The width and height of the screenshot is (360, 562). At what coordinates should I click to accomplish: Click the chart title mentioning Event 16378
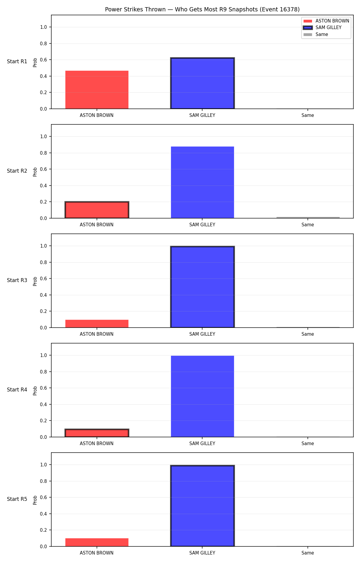[x=202, y=10]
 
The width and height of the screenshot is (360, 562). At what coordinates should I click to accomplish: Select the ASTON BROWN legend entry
[x=326, y=21]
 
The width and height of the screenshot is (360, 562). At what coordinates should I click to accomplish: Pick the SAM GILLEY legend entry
[x=322, y=28]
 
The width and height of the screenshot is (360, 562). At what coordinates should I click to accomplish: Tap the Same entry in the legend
[x=316, y=34]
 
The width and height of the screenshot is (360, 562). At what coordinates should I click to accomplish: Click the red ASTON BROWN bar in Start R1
[x=97, y=90]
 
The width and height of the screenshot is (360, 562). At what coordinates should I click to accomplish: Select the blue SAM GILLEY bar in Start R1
[x=202, y=83]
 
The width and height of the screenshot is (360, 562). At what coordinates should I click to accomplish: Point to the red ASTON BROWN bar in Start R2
[x=97, y=210]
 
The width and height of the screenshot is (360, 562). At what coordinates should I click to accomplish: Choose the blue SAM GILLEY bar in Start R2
[x=202, y=182]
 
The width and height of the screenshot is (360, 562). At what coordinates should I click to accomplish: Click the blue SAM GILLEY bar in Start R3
[x=202, y=287]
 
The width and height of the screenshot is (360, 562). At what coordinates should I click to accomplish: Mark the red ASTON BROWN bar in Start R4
[x=97, y=433]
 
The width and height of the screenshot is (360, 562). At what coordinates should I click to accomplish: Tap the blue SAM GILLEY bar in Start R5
[x=202, y=506]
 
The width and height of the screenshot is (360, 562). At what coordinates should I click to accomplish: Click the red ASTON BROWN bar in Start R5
[x=97, y=542]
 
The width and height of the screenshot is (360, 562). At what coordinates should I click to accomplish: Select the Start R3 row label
[x=17, y=280]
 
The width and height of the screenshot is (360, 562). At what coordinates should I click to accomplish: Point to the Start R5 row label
[x=17, y=499]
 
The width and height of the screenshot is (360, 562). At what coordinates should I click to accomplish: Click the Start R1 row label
[x=17, y=61]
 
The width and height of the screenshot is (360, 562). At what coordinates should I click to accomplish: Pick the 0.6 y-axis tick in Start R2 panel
[x=43, y=169]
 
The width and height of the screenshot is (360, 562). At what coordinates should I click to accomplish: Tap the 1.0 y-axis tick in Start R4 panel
[x=43, y=355]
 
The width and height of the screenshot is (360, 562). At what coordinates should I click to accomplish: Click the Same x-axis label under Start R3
[x=308, y=334]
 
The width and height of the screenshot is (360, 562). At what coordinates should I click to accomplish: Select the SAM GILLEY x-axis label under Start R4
[x=202, y=444]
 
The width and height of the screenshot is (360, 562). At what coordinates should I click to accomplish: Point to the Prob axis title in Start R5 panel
[x=35, y=500]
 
